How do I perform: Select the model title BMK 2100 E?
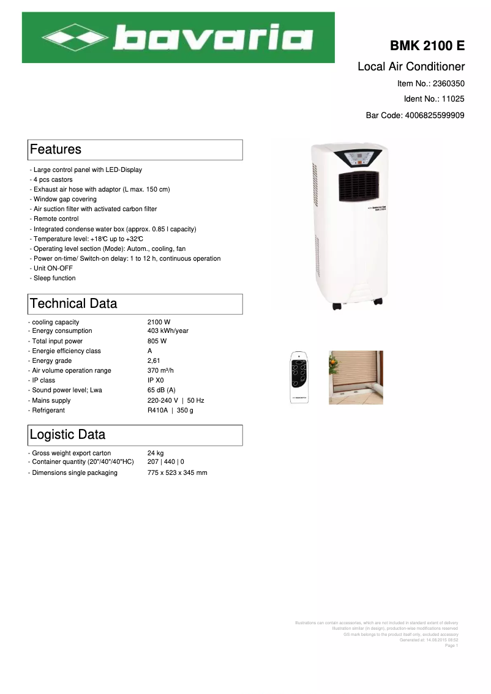pos(427,47)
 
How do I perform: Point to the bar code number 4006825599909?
pos(435,115)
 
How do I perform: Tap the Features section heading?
pos(56,149)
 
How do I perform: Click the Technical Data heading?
pos(73,304)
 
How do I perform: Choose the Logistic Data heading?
pos(67,435)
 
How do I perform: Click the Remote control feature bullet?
pos(56,219)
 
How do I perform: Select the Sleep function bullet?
pos(54,278)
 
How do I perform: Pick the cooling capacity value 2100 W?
pos(159,322)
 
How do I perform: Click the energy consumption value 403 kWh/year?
pos(168,331)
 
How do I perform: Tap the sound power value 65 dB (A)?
pos(162,390)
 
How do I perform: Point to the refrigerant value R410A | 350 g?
pos(170,411)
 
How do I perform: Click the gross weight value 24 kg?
pos(156,453)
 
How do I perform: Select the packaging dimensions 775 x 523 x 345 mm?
pos(177,473)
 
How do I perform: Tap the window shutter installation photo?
pos(356,378)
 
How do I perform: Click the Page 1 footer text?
pos(451,646)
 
